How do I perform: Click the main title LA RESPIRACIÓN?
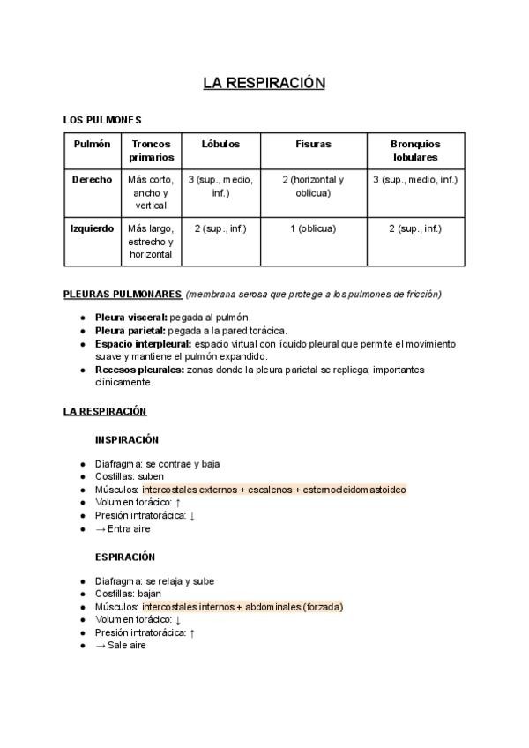[264, 83]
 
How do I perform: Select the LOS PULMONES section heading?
[102, 120]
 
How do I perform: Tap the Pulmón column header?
[93, 144]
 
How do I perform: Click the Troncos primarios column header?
[151, 150]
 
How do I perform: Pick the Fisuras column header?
[313, 144]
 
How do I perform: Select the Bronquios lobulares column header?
[415, 150]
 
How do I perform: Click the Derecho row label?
[93, 179]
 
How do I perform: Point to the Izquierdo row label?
[93, 228]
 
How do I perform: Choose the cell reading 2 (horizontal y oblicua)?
[313, 185]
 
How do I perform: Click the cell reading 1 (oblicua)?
[313, 228]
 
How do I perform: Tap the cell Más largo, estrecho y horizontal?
[151, 241]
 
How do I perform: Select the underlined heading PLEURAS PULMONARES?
[123, 294]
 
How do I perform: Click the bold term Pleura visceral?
[130, 317]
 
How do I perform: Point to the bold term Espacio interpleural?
[142, 343]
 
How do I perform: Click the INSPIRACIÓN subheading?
[127, 439]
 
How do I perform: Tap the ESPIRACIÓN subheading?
[125, 557]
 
